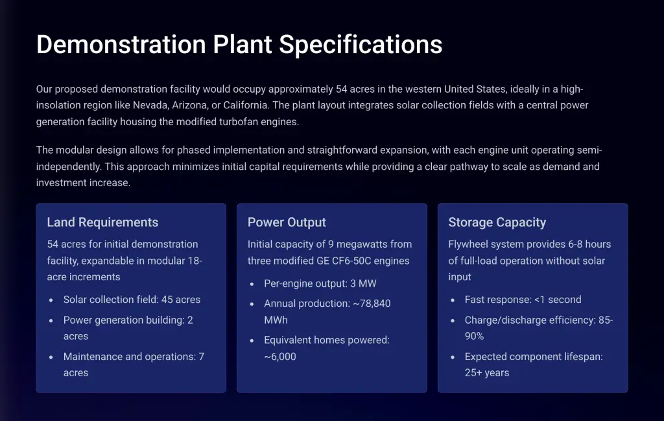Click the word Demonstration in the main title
coord(121,44)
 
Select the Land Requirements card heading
coord(102,223)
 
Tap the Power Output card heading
coord(287,223)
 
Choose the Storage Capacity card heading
coord(497,223)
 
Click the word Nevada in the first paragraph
coord(150,105)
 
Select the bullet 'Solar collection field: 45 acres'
coord(132,300)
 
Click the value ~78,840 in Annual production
coord(372,304)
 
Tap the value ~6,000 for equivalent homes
coord(280,357)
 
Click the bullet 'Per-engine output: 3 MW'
coord(320,283)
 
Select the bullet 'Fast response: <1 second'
coord(523,300)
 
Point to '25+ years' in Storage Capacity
coord(487,373)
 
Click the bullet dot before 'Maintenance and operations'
coord(51,357)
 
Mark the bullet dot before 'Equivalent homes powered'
coord(252,341)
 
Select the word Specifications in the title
coord(361,45)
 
